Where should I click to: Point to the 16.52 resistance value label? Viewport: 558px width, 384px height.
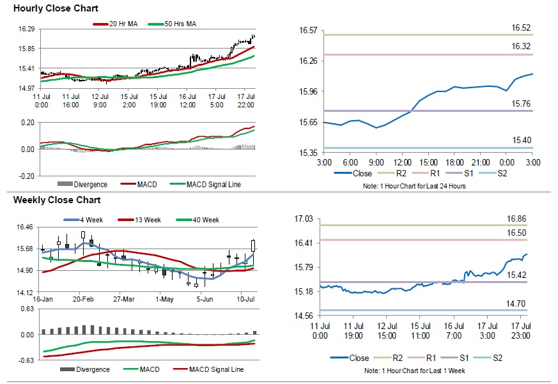pos(521,28)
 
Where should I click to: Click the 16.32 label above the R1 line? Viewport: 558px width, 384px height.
pos(521,47)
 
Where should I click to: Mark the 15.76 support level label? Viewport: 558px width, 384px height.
pos(521,104)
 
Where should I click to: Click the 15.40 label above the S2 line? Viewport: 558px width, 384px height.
pos(521,140)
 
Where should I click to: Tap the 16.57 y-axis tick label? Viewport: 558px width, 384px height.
pos(309,30)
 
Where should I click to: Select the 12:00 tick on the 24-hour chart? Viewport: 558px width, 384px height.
pos(402,163)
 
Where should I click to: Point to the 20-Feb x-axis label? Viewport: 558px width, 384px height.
pos(84,299)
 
